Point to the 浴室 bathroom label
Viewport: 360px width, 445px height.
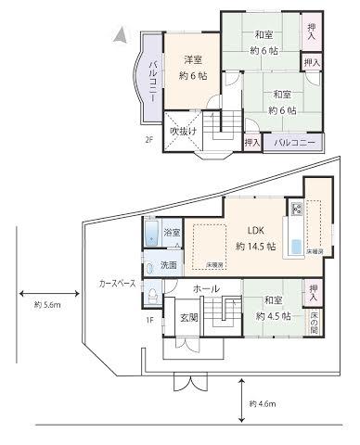point(172,232)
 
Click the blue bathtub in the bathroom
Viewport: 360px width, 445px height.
point(151,233)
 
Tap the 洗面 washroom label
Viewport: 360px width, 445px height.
point(167,265)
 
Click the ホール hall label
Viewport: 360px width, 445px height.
point(205,290)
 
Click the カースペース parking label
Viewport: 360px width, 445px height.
point(118,282)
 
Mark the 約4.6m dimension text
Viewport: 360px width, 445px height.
point(264,404)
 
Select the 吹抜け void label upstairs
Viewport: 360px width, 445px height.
point(182,132)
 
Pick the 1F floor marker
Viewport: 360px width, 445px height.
point(150,321)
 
